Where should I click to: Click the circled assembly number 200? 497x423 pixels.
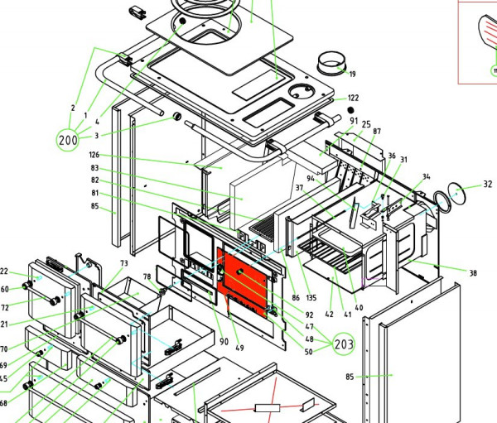pos(68,140)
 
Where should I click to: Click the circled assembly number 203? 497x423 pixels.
pos(344,344)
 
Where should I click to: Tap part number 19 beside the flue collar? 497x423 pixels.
pos(353,75)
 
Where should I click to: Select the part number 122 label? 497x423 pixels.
pos(354,98)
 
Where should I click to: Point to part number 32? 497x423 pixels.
pos(488,184)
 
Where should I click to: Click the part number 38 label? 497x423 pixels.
pos(473,273)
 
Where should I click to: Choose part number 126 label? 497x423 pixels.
pos(94,155)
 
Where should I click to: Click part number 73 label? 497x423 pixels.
pos(124,263)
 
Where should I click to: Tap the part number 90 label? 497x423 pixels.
pos(224,342)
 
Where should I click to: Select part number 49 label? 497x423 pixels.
pos(239,348)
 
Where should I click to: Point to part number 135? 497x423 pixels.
pos(311,297)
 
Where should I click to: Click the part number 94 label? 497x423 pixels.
pos(311,179)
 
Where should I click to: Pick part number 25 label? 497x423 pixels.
pos(366,124)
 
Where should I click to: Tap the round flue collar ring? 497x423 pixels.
pos(331,63)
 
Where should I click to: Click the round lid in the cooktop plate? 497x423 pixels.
pos(302,91)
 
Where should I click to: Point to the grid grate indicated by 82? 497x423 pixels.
pos(263,228)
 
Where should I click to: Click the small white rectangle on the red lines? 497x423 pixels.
pos(268,408)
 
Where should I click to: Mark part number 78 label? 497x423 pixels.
pos(147,276)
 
